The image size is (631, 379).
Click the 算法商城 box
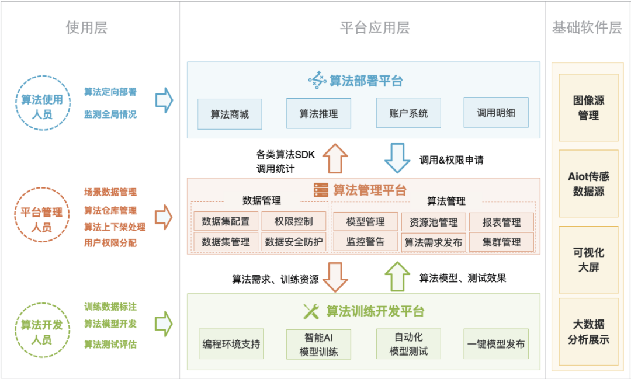(230, 114)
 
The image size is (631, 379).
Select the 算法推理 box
(318, 113)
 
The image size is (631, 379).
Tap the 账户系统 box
(408, 113)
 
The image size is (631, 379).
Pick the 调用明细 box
(496, 113)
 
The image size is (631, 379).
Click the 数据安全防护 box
(294, 241)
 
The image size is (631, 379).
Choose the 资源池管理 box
(434, 222)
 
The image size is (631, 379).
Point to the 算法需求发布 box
(434, 242)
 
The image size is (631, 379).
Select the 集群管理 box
(501, 242)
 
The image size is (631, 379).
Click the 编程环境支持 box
(231, 344)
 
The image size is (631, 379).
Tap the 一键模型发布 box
(496, 344)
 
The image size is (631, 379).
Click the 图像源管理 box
(588, 107)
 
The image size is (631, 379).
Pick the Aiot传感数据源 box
(588, 183)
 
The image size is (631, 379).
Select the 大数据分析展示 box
(588, 331)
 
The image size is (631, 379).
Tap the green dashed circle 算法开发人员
(41, 332)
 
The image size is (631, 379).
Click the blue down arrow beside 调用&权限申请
(398, 158)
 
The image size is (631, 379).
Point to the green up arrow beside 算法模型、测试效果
(398, 276)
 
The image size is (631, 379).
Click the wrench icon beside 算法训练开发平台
(311, 311)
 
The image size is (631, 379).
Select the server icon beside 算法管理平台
(321, 190)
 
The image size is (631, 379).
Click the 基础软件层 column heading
(587, 28)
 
